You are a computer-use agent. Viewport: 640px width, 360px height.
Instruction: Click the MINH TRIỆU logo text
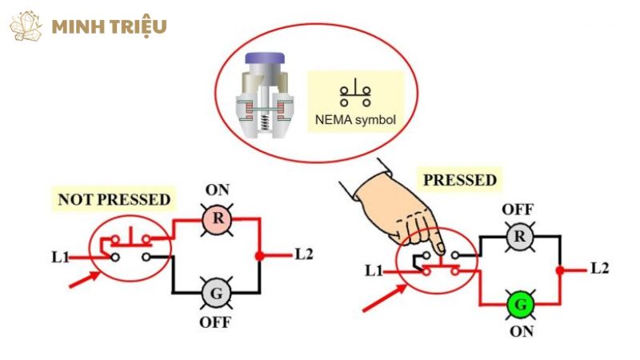point(109,26)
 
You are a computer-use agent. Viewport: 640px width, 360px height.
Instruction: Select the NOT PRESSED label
point(114,198)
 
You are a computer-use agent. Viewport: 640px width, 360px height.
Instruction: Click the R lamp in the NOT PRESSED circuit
point(214,218)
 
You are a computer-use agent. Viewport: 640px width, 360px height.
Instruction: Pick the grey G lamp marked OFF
point(214,292)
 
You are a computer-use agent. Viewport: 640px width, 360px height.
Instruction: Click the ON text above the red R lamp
point(216,190)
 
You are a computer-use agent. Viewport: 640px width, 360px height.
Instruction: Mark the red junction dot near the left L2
point(259,256)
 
